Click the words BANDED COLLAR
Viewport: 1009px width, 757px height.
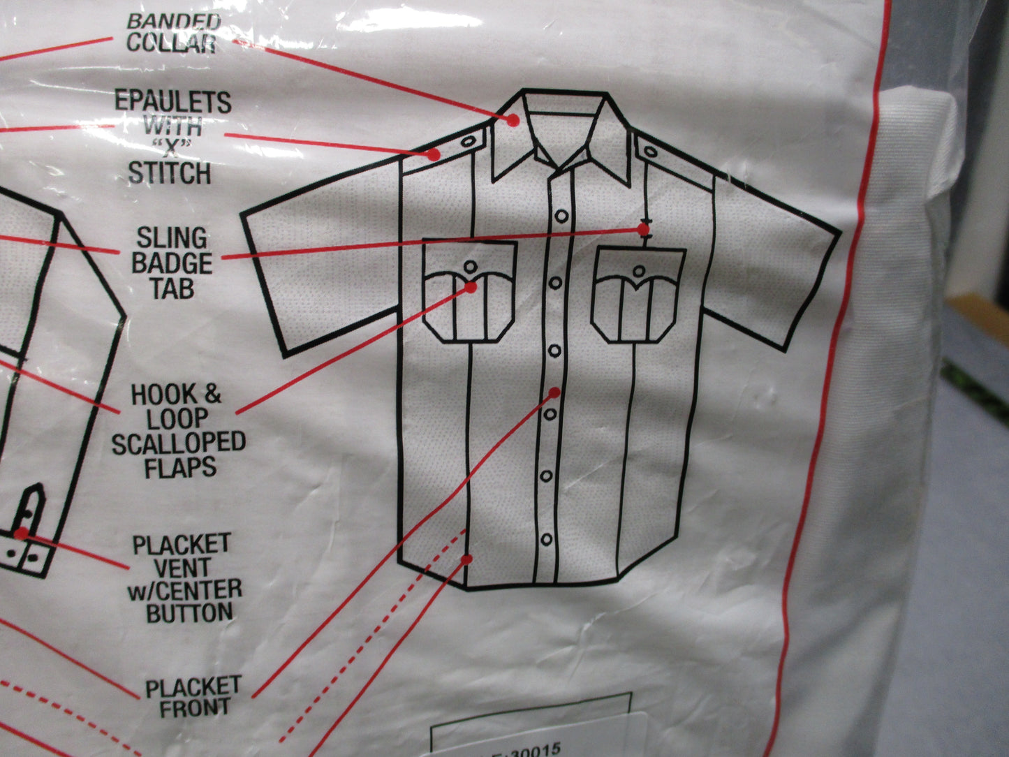point(173,33)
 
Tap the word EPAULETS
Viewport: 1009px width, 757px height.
point(173,102)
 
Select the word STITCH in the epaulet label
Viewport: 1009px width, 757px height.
point(170,174)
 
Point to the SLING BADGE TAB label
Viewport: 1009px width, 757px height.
point(172,263)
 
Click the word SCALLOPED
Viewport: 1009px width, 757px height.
point(179,443)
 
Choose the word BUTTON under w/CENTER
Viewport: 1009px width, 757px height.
point(189,612)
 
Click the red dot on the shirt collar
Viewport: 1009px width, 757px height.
point(513,120)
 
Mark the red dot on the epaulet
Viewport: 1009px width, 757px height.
point(434,155)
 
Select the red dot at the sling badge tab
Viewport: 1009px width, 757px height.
point(644,229)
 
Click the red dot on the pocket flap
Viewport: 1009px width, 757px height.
point(471,288)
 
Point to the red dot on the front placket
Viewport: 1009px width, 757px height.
point(555,392)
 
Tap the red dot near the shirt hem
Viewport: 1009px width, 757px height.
point(466,559)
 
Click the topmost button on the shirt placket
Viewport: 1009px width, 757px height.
point(561,216)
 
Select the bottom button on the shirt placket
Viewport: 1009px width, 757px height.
point(547,538)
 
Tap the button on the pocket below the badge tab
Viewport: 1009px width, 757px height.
point(639,271)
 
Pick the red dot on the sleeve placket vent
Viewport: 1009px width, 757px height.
point(21,533)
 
